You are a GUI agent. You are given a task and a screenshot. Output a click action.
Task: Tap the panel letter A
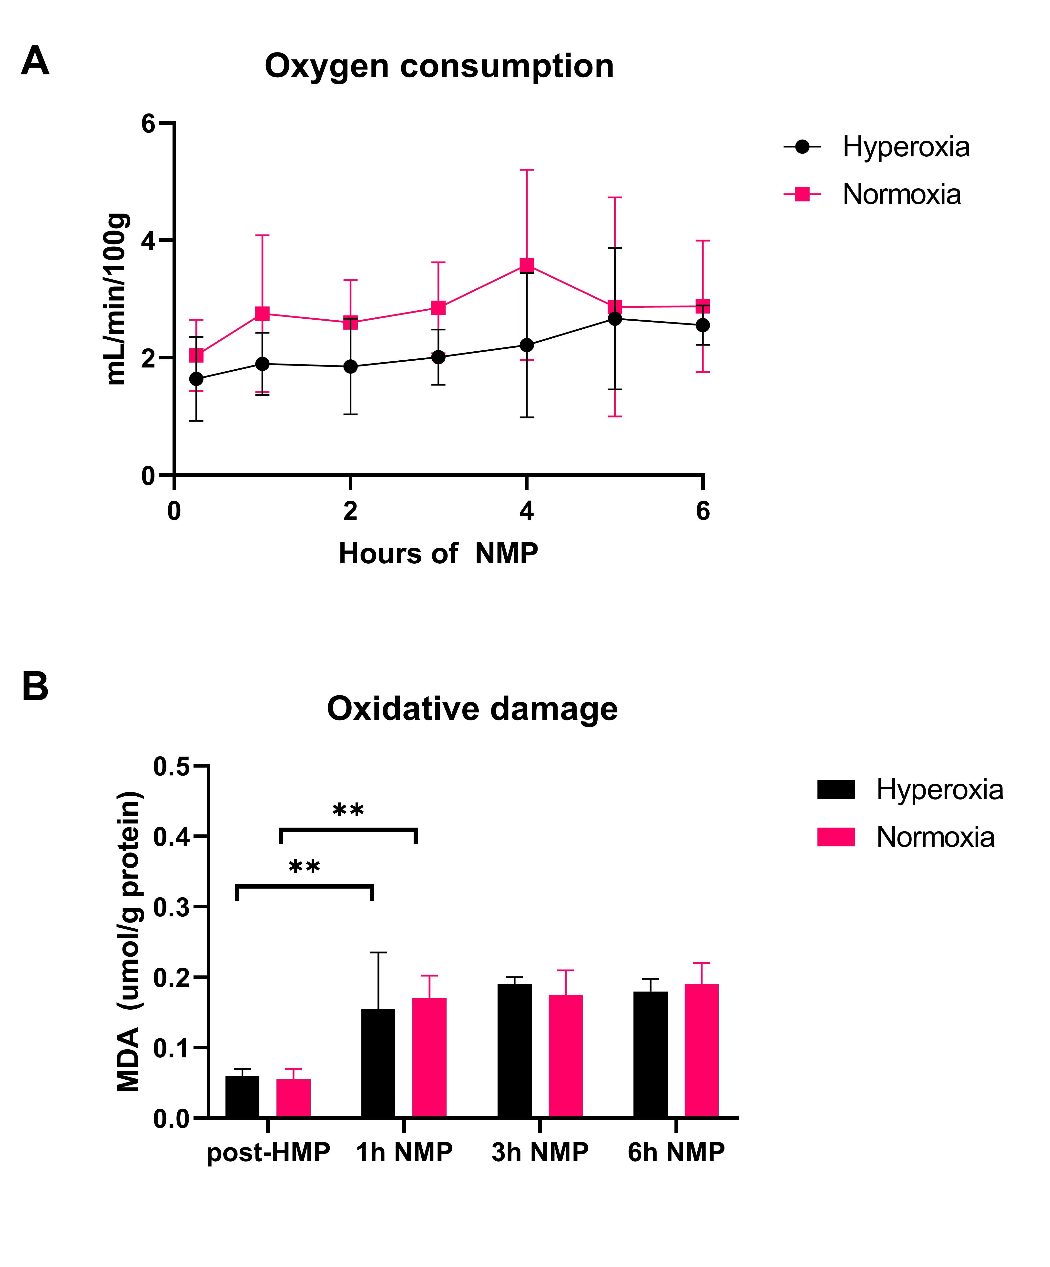click(x=35, y=61)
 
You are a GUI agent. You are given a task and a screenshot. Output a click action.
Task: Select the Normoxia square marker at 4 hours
click(x=526, y=265)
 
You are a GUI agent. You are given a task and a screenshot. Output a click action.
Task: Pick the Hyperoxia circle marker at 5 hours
click(x=614, y=319)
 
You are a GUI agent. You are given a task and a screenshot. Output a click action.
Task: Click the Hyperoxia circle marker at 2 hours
click(x=350, y=366)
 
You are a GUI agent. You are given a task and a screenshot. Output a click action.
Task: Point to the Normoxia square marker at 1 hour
click(x=262, y=313)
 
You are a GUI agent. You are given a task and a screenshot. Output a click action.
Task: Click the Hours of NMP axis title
click(x=438, y=553)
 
